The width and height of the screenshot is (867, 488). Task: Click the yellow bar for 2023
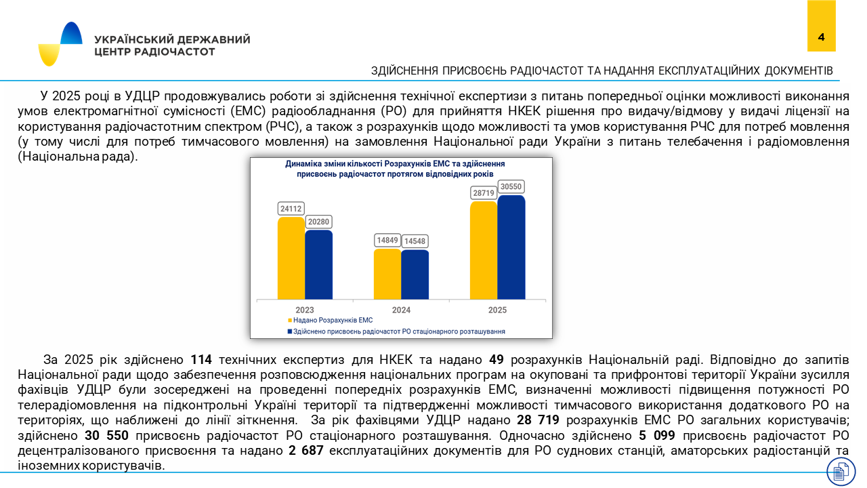(x=291, y=258)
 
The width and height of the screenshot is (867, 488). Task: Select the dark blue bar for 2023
(x=318, y=265)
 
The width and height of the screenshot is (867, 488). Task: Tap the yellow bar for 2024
(x=387, y=274)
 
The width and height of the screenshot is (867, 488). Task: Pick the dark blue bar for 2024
(x=415, y=274)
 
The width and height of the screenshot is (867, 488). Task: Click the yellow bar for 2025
(x=484, y=250)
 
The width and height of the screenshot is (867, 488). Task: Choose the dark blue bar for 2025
(x=511, y=247)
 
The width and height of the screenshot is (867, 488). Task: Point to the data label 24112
(x=291, y=208)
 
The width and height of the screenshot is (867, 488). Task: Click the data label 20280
(x=318, y=222)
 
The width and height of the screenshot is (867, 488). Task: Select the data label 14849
(x=387, y=241)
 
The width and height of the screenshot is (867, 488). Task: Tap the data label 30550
(x=511, y=186)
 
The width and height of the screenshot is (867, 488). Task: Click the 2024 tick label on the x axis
(x=401, y=310)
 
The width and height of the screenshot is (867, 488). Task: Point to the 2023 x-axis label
(x=305, y=310)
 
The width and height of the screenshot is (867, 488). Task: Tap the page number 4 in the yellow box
(x=821, y=37)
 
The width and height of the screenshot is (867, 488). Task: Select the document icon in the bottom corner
(x=841, y=471)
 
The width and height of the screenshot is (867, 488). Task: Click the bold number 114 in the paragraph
(x=201, y=359)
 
